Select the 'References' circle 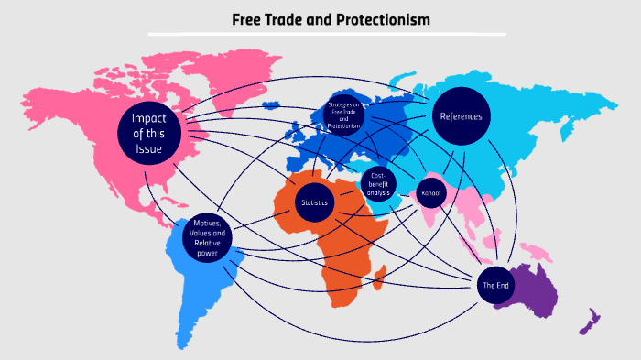tap(461, 116)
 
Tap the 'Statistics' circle tap(314, 202)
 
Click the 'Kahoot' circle tap(429, 193)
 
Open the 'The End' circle tap(495, 286)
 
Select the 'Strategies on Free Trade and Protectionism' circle tap(344, 115)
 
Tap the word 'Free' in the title tap(250, 18)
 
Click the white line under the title tap(327, 34)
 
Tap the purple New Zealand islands tap(590, 322)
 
